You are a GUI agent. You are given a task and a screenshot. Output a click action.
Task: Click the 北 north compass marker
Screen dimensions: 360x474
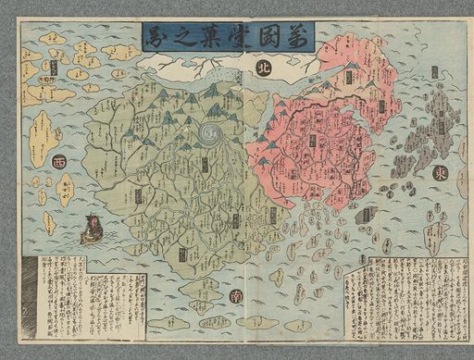263,68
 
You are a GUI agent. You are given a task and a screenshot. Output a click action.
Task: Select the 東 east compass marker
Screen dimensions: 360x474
439,174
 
